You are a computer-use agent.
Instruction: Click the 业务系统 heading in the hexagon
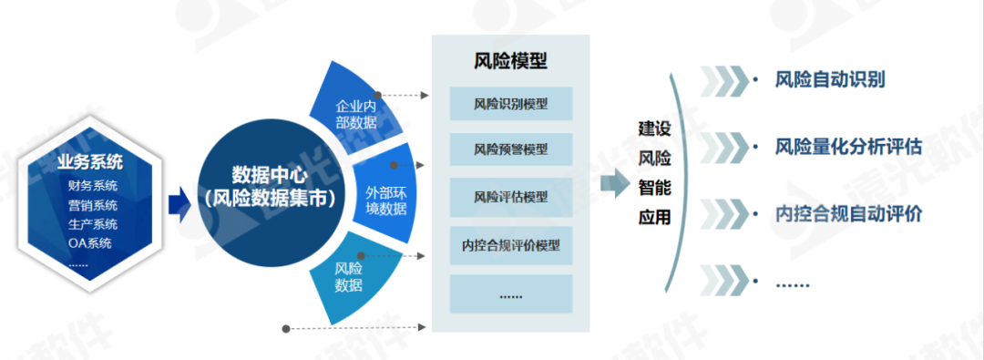click(x=89, y=162)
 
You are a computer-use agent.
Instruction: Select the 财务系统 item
click(x=92, y=186)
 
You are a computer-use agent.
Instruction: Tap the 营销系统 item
click(x=92, y=205)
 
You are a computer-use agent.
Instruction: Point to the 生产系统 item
click(x=92, y=224)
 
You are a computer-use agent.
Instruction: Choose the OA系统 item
click(x=89, y=243)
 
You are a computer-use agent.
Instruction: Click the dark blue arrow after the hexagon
click(x=181, y=205)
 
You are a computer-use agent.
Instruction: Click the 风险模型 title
click(x=510, y=61)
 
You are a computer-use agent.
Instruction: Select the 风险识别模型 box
click(x=510, y=103)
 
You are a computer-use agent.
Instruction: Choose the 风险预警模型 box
click(x=510, y=148)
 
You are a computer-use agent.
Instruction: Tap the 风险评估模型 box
click(x=510, y=197)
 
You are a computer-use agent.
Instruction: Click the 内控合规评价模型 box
click(x=510, y=244)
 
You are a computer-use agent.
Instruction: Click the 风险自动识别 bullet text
click(x=831, y=79)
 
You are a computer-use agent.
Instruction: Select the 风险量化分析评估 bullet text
click(x=848, y=146)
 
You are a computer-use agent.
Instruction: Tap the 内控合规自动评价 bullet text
click(x=848, y=214)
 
